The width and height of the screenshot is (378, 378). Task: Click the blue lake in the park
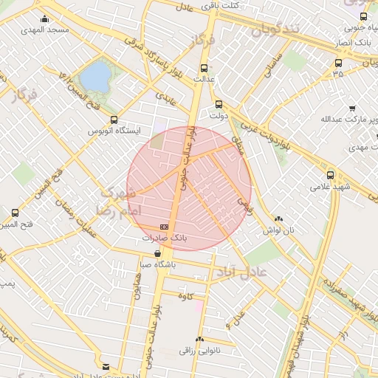pyautogui.click(x=94, y=76)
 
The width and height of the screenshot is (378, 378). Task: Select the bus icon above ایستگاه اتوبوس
pyautogui.click(x=113, y=120)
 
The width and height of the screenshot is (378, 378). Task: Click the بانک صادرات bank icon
pyautogui.click(x=163, y=227)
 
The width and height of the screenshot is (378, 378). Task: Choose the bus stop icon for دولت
pyautogui.click(x=218, y=104)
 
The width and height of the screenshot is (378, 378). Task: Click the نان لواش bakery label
pyautogui.click(x=278, y=230)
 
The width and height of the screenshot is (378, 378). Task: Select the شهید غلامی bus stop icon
pyautogui.click(x=330, y=175)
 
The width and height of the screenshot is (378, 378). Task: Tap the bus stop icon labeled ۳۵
pyautogui.click(x=338, y=63)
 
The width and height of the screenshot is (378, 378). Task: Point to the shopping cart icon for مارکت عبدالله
pyautogui.click(x=352, y=108)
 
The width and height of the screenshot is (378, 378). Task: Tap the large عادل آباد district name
pyautogui.click(x=243, y=274)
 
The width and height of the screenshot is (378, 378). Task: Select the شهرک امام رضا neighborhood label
pyautogui.click(x=114, y=201)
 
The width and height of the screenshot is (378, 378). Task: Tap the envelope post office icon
pyautogui.click(x=106, y=366)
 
